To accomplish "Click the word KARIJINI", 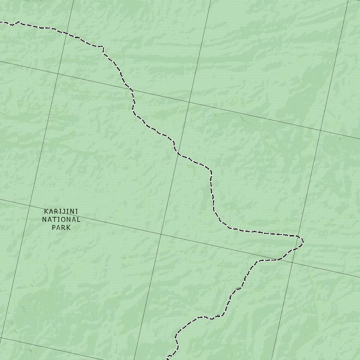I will pyautogui.click(x=61, y=211).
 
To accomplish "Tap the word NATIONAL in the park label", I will pyautogui.click(x=61, y=220).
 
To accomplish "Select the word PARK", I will pyautogui.click(x=61, y=227).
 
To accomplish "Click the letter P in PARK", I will pyautogui.click(x=54, y=227).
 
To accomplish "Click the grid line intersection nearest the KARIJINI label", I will pyautogui.click(x=30, y=206).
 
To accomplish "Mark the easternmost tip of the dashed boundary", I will pyautogui.click(x=303, y=241).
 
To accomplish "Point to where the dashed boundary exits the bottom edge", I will pyautogui.click(x=168, y=359).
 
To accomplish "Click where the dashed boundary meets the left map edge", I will pyautogui.click(x=1, y=22).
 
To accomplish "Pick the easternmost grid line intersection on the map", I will pyautogui.click(x=321, y=130).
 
